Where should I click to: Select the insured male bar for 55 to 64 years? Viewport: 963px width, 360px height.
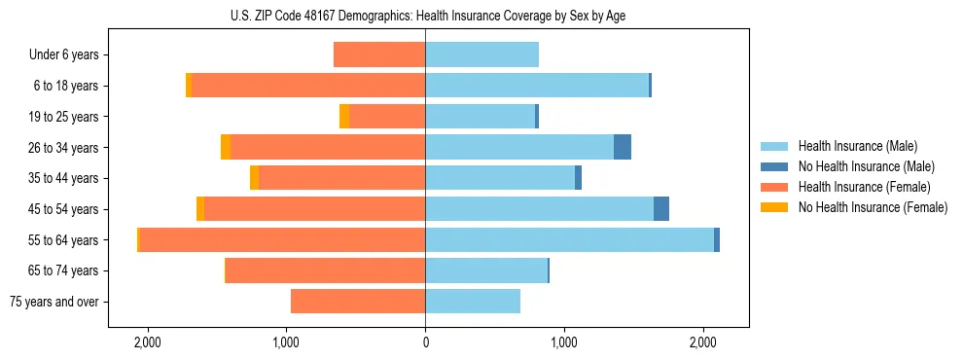pyautogui.click(x=569, y=240)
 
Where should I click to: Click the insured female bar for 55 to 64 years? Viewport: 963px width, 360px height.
pyautogui.click(x=282, y=240)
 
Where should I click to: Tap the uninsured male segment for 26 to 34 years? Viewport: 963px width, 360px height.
pyautogui.click(x=623, y=147)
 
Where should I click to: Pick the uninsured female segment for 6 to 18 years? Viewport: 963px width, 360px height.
pyautogui.click(x=189, y=86)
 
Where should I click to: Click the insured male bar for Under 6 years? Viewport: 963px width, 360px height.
pyautogui.click(x=481, y=54)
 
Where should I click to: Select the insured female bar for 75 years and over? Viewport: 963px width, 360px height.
pyautogui.click(x=358, y=302)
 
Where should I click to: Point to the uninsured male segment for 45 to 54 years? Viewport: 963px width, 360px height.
pyautogui.click(x=661, y=209)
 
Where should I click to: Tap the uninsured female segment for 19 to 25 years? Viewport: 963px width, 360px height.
pyautogui.click(x=344, y=117)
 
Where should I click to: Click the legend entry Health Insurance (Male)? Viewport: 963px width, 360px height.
pyautogui.click(x=857, y=146)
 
